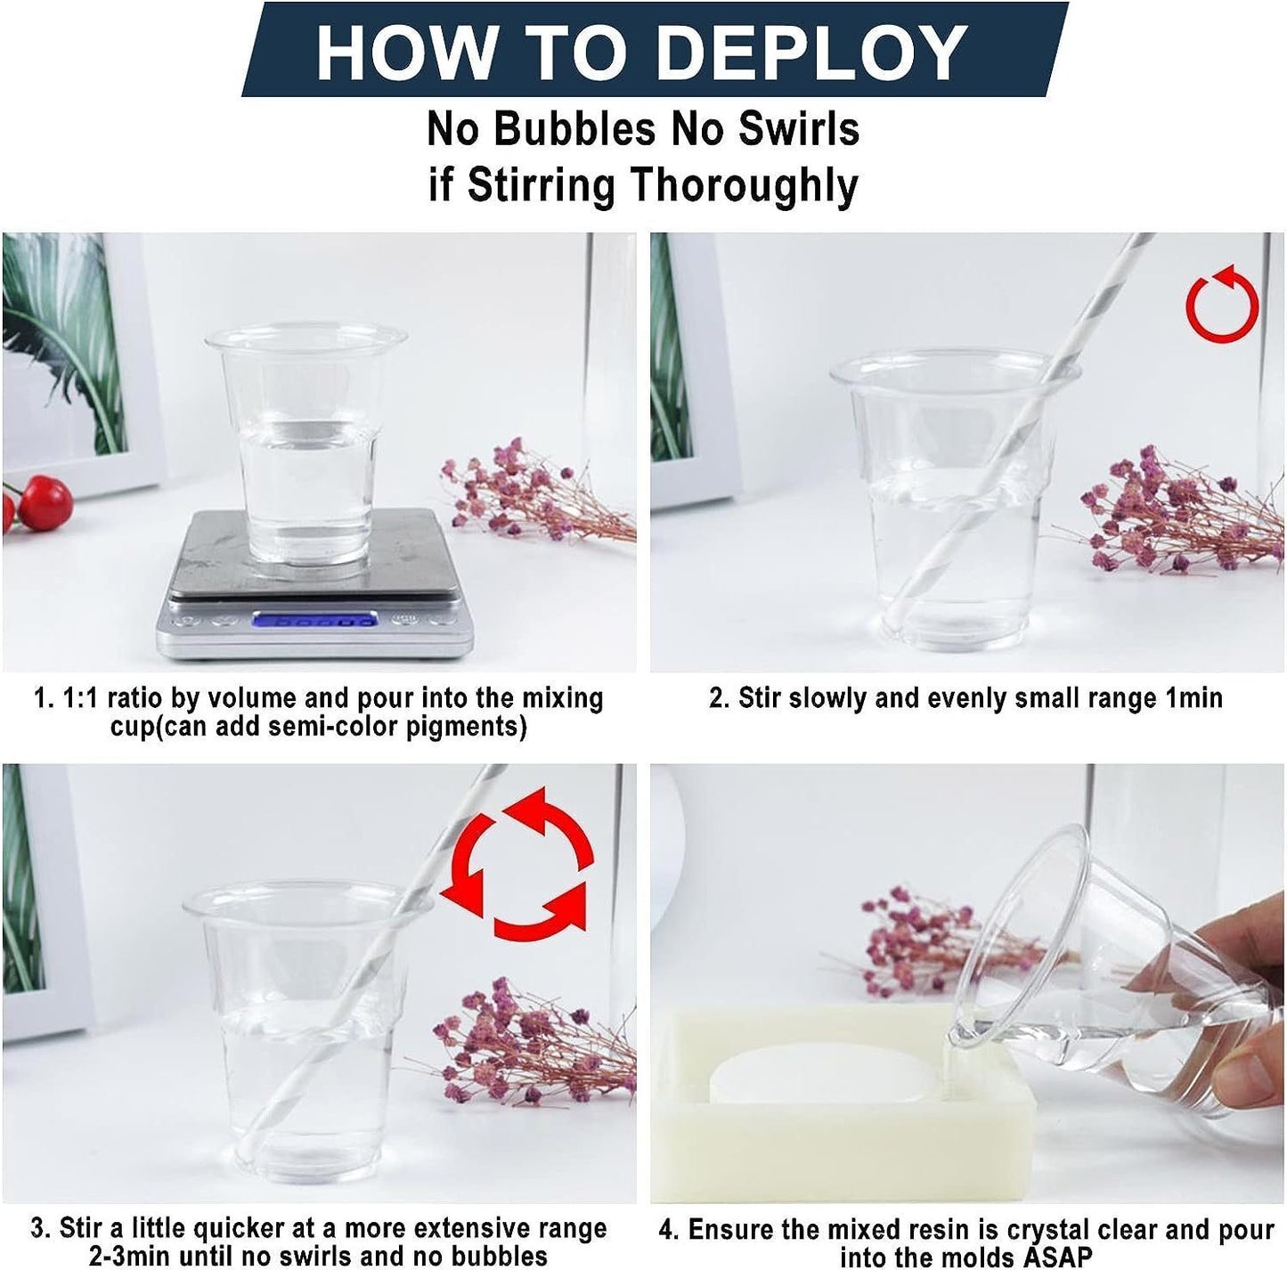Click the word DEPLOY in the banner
813,53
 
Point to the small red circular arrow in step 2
1222,304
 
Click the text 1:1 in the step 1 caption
81,698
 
